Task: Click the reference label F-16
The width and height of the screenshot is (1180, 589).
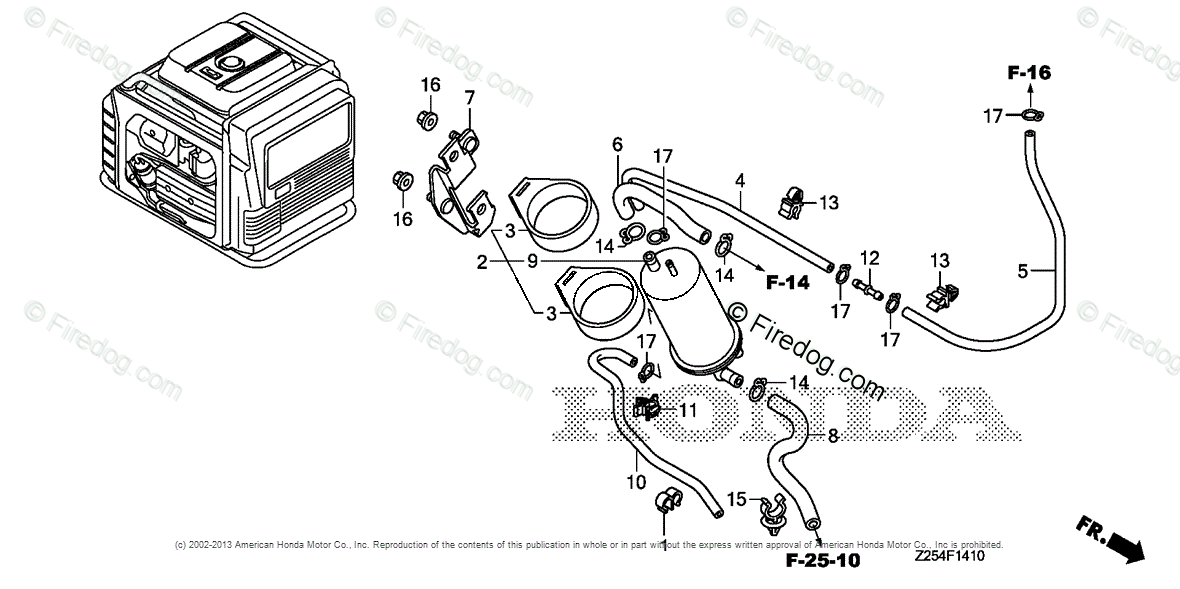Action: point(1028,72)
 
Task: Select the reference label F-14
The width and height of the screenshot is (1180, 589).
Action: point(787,283)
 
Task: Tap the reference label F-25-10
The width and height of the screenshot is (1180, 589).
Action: point(822,560)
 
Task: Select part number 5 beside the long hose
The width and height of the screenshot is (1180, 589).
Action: point(1023,270)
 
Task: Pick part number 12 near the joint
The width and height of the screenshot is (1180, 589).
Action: point(868,259)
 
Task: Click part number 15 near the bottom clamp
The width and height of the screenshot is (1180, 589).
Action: point(736,498)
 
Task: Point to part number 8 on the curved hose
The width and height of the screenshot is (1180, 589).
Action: point(832,435)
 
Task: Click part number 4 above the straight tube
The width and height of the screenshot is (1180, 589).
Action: point(739,181)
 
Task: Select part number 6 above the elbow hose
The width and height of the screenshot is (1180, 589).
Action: point(617,145)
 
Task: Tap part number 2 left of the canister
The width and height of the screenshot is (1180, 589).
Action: point(481,262)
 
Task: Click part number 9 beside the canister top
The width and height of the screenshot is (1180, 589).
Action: point(533,261)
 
